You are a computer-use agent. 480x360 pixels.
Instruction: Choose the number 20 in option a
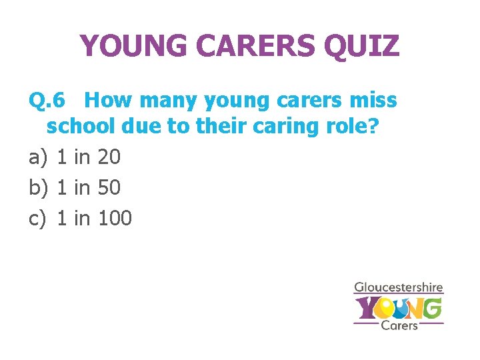pos(109,157)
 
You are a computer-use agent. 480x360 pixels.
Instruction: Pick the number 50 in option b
pos(109,187)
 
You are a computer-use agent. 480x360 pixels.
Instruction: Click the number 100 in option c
pos(115,218)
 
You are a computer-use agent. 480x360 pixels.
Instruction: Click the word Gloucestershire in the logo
pos(398,288)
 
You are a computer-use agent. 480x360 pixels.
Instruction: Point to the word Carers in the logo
pos(399,325)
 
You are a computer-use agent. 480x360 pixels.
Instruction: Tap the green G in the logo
pos(431,308)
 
